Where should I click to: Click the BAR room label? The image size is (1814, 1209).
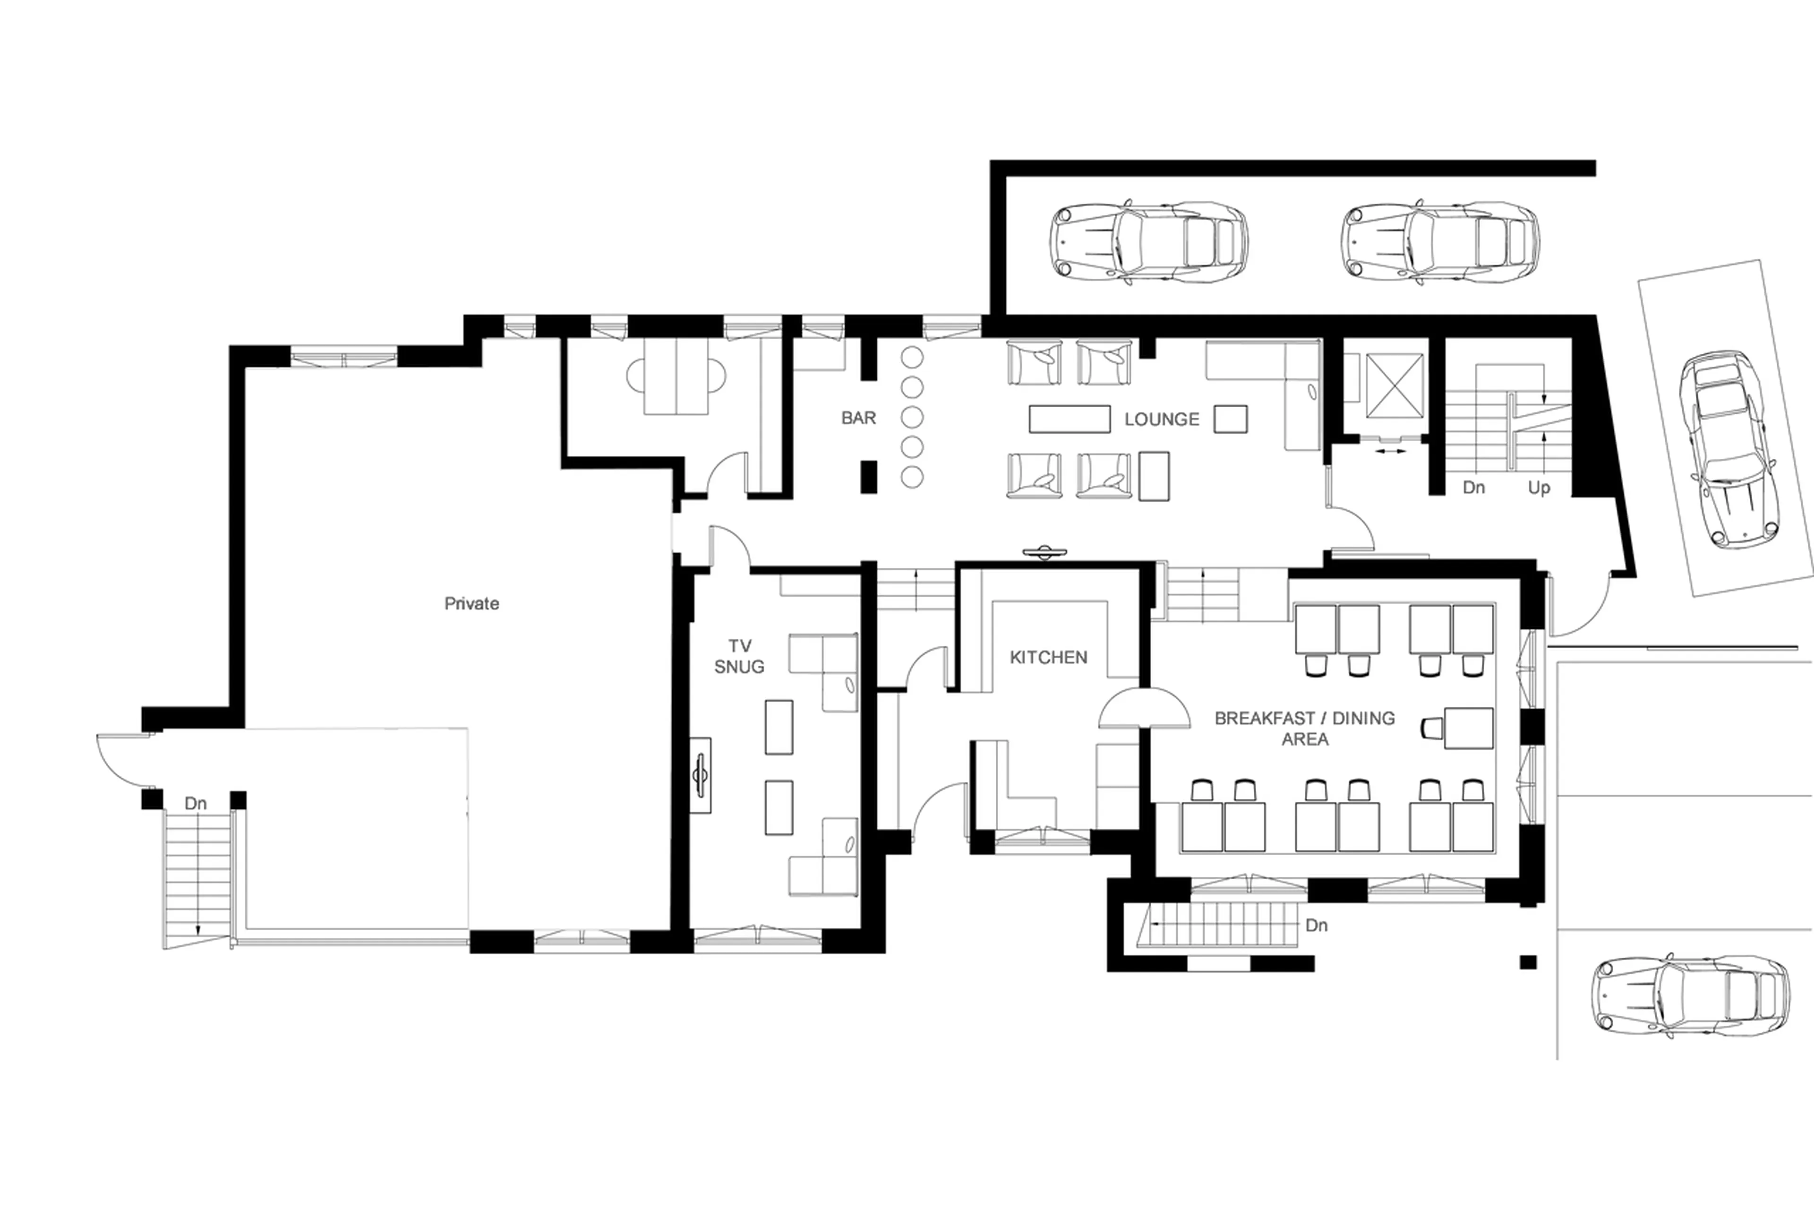click(858, 418)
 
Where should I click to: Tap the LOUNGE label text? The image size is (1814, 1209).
click(1161, 420)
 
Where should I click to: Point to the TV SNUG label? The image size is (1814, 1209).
click(738, 656)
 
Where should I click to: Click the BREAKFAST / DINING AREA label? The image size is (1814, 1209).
click(1304, 728)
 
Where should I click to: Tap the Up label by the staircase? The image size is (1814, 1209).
click(1539, 488)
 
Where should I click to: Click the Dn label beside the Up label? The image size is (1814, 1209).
click(1473, 488)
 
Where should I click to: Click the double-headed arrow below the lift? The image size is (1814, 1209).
click(1390, 451)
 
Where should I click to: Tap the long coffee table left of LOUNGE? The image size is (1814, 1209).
click(1069, 419)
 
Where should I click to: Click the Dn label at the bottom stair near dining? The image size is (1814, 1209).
click(1316, 925)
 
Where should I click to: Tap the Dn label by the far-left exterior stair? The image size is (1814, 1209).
click(196, 804)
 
